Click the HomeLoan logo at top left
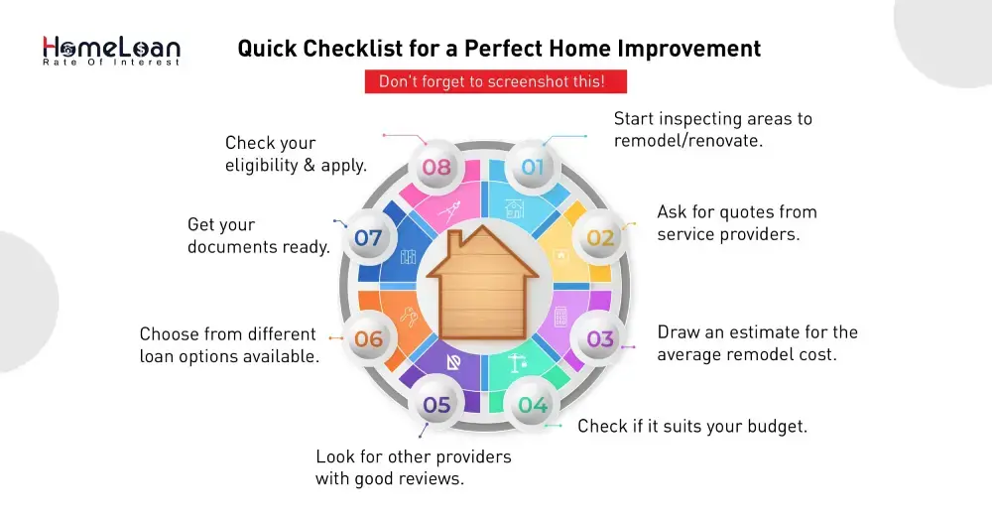pos(111,50)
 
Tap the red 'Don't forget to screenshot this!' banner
pos(491,81)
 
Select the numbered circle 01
pos(533,167)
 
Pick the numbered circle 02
pos(600,238)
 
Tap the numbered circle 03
pos(600,339)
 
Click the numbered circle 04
pos(533,405)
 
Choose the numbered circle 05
pos(436,405)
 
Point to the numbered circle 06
pos(368,339)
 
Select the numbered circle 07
pos(368,238)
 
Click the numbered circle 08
pos(436,167)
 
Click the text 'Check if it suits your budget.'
pos(692,427)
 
